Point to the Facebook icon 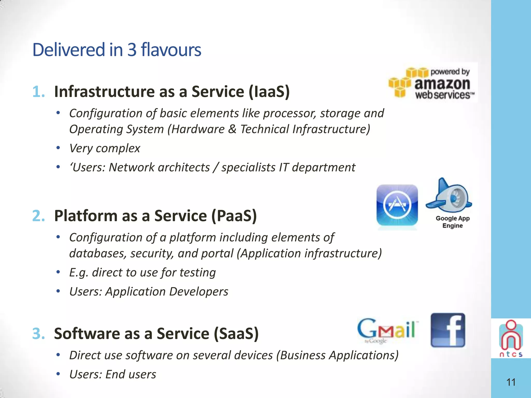pyautogui.click(x=448, y=330)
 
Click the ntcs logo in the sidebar pyautogui.click(x=511, y=338)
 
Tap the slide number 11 pyautogui.click(x=511, y=382)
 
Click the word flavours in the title pyautogui.click(x=171, y=50)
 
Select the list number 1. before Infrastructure pyautogui.click(x=39, y=92)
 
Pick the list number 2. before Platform pyautogui.click(x=39, y=216)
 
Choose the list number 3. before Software pyautogui.click(x=39, y=333)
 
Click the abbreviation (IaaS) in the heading pyautogui.click(x=269, y=92)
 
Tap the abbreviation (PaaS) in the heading pyautogui.click(x=234, y=216)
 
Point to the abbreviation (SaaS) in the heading pyautogui.click(x=236, y=333)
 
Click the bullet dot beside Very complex pyautogui.click(x=58, y=148)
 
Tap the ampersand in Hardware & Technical pyautogui.click(x=232, y=129)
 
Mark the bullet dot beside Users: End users pyautogui.click(x=58, y=374)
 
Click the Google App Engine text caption pyautogui.click(x=452, y=222)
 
